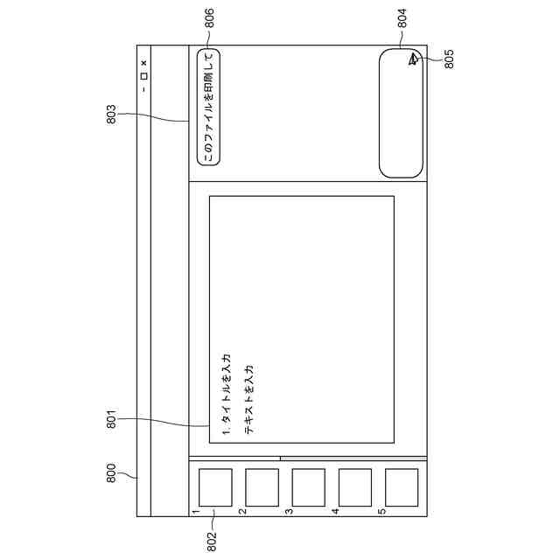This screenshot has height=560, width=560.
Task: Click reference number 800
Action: tap(111, 472)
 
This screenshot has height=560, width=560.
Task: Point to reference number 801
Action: tap(111, 419)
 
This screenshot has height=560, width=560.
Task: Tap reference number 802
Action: tap(212, 542)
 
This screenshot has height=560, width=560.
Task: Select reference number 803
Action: tap(111, 115)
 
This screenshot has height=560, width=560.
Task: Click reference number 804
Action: tap(402, 18)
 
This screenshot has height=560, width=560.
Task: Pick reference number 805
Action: tap(449, 59)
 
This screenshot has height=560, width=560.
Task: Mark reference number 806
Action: tap(209, 18)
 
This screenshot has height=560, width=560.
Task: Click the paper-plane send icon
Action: tap(413, 59)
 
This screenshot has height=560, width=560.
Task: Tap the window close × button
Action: tap(143, 63)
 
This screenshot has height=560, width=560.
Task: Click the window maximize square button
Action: tap(143, 76)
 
